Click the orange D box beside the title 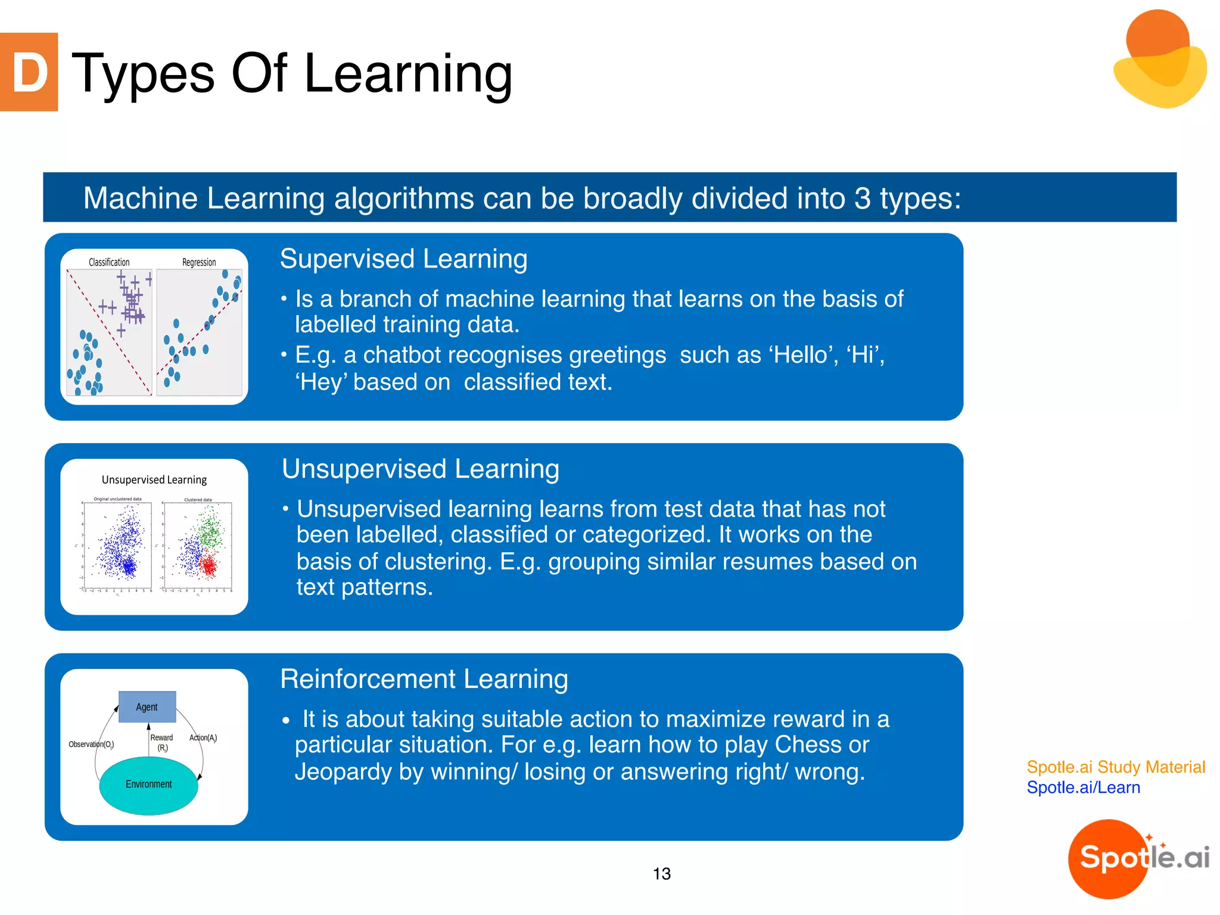[29, 72]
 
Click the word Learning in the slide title [408, 74]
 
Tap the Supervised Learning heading [403, 259]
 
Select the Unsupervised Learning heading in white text [421, 469]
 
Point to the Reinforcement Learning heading [424, 679]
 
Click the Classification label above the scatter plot [109, 262]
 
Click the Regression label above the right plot [199, 262]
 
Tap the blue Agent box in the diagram [147, 707]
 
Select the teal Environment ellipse [148, 785]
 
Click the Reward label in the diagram [161, 738]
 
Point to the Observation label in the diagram [91, 745]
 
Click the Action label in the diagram [203, 738]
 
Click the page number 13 [661, 874]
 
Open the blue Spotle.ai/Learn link [1083, 788]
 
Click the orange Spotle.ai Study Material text [1115, 767]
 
